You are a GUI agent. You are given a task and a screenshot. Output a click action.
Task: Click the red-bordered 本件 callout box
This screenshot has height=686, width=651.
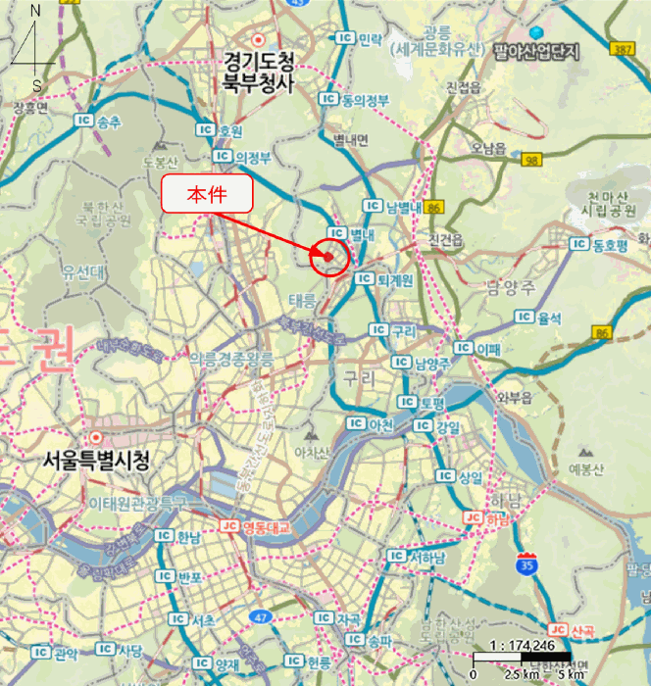click(207, 194)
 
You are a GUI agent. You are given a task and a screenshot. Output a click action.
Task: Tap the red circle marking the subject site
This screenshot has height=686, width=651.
click(329, 257)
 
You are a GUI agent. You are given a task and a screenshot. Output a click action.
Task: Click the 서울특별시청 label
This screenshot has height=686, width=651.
click(96, 460)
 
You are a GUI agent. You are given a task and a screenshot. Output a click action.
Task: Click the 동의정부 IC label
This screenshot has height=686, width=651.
click(354, 100)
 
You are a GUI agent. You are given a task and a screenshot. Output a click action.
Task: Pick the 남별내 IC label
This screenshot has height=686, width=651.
click(392, 206)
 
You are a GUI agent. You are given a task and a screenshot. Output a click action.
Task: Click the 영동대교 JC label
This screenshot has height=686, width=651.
click(257, 527)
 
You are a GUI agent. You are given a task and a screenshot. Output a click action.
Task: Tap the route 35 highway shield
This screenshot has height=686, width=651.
click(526, 563)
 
